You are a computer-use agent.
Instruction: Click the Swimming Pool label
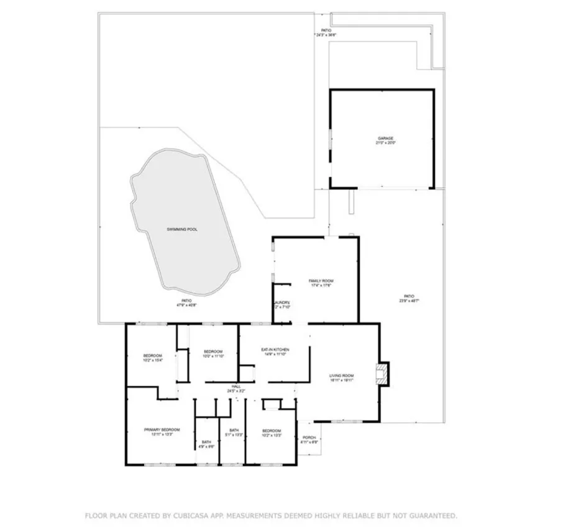point(181,229)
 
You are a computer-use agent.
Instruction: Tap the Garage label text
point(386,138)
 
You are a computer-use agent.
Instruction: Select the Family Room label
point(321,281)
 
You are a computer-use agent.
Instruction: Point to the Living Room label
point(342,376)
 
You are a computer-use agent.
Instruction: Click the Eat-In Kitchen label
point(275,350)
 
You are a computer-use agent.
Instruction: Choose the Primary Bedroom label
point(162,430)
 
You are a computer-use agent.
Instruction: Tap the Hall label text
point(236,386)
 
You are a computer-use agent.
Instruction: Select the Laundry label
point(283,302)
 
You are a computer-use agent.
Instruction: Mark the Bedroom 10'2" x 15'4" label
point(152,356)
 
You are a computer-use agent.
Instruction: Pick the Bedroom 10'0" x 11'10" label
point(213,352)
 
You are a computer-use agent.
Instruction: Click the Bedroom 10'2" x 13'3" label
point(272,431)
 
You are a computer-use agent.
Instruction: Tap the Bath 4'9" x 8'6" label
point(206,442)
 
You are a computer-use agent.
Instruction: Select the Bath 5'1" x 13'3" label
point(234,430)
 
